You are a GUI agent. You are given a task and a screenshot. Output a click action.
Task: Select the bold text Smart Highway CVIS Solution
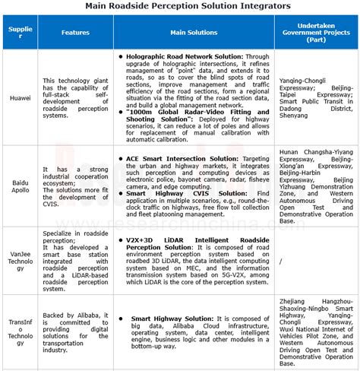pos(172,193)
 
